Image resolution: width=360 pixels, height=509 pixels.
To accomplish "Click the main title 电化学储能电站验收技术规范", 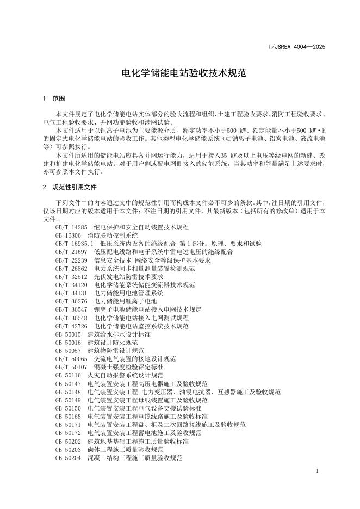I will click(179, 72).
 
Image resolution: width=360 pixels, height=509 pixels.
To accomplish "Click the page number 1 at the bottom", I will click(316, 469).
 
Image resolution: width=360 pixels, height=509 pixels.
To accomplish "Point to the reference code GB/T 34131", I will click(71, 293).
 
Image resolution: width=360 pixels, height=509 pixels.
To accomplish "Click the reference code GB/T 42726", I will click(71, 326).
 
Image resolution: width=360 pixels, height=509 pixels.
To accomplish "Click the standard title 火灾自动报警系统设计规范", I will click(125, 375).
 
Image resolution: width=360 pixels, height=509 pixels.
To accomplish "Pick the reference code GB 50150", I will click(68, 408).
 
